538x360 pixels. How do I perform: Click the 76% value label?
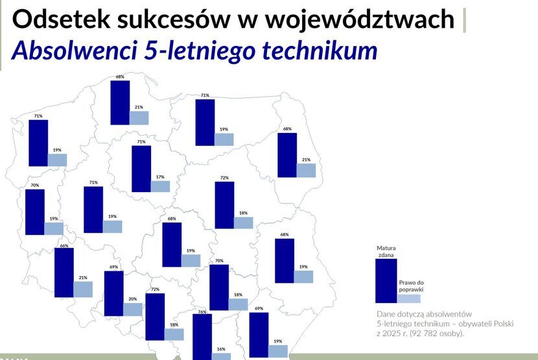pyautogui.click(x=202, y=312)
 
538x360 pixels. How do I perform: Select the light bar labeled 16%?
pyautogui.click(x=221, y=357)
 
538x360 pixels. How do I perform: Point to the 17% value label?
pyautogui.click(x=160, y=177)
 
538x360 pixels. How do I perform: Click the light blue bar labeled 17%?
pyautogui.click(x=160, y=187)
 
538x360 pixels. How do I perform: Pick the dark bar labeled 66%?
pyautogui.click(x=64, y=272)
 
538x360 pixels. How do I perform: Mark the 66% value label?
pyautogui.click(x=64, y=246)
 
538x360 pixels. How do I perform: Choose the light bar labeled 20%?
pyautogui.click(x=133, y=309)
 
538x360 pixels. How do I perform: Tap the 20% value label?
pyautogui.click(x=133, y=299)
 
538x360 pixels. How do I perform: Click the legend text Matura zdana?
pyautogui.click(x=386, y=252)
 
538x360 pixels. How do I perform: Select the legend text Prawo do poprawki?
pyautogui.click(x=412, y=286)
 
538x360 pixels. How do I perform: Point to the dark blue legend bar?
pyautogui.click(x=386, y=281)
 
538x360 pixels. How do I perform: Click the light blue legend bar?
pyautogui.click(x=409, y=298)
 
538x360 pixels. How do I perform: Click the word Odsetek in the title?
pyautogui.click(x=61, y=19)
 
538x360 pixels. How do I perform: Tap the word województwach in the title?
pyautogui.click(x=360, y=19)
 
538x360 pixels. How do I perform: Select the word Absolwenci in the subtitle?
pyautogui.click(x=75, y=51)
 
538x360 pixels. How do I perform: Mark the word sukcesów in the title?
pyautogui.click(x=173, y=19)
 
